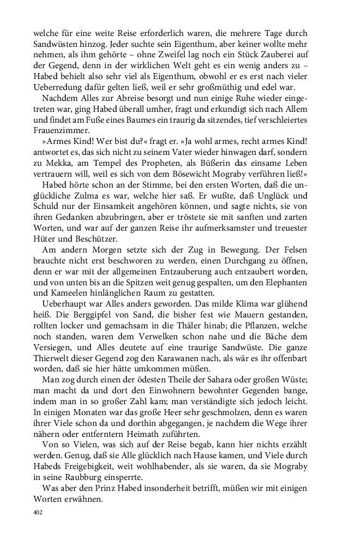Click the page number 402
tap(38, 512)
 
